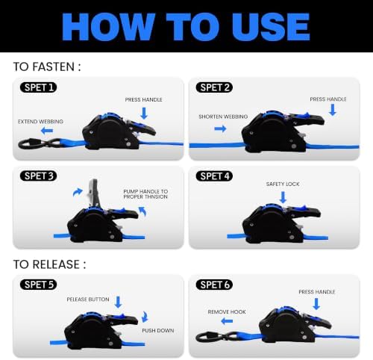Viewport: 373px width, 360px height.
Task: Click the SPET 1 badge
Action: coord(38,87)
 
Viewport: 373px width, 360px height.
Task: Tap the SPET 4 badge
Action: coord(214,176)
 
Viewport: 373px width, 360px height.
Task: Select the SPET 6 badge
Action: coord(214,285)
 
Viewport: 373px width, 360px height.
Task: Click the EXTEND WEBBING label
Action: coord(40,122)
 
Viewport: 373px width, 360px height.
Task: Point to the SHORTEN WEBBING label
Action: coord(223,117)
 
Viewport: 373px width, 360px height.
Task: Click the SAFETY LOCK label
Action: coord(283,184)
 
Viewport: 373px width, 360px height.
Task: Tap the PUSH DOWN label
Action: coord(158,330)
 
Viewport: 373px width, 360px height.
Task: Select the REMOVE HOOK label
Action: coord(227,311)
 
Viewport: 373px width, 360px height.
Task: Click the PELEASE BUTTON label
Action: coord(88,299)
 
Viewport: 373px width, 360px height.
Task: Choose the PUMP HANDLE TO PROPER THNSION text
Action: coord(145,194)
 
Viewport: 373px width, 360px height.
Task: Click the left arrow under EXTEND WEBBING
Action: coord(47,131)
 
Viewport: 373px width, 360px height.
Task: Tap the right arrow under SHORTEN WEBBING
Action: coord(220,128)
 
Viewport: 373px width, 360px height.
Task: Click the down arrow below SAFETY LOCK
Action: coord(283,197)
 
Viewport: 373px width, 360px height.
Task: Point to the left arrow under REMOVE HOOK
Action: coord(227,321)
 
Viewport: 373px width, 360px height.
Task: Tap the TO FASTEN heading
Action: coord(47,66)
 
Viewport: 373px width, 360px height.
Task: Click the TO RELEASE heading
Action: coord(49,264)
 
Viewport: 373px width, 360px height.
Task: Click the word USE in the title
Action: coord(271,27)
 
